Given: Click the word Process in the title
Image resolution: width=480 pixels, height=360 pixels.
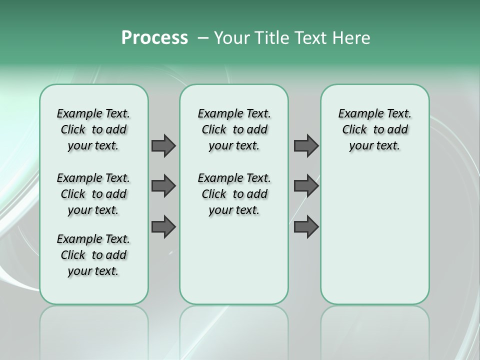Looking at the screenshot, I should [x=154, y=38].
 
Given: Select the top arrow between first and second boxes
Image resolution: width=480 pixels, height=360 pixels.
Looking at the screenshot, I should [x=163, y=145].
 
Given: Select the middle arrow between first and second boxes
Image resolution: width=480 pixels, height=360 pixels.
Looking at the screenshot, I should [x=163, y=186].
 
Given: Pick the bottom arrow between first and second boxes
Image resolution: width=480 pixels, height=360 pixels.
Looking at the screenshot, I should [x=163, y=226].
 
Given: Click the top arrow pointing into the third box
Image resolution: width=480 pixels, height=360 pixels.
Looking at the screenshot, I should [x=306, y=145].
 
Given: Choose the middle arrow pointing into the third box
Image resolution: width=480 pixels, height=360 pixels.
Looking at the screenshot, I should [x=306, y=186].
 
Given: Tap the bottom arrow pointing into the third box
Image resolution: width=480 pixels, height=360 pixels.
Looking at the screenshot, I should [x=306, y=226].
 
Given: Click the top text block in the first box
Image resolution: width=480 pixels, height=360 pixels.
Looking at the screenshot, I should [x=93, y=129].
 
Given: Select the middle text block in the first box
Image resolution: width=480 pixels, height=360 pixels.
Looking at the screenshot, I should [x=93, y=194].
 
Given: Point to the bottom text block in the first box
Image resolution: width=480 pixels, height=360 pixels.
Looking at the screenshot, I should [x=93, y=255].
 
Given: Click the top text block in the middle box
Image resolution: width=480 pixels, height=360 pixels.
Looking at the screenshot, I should [x=234, y=129].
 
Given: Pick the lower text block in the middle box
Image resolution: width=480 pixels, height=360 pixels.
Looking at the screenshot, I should [x=234, y=194].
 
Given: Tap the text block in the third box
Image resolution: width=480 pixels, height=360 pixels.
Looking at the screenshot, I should [x=374, y=129].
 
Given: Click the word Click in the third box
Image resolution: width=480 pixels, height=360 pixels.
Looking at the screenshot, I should [x=354, y=130].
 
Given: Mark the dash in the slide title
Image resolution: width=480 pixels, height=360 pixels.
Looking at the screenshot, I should [x=203, y=38].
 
